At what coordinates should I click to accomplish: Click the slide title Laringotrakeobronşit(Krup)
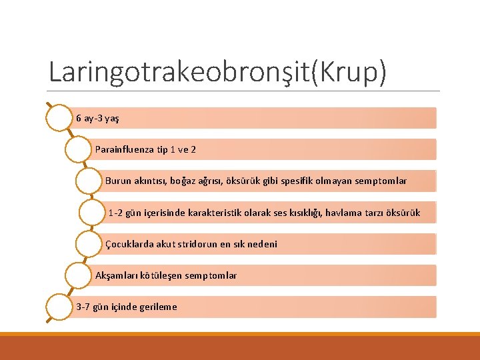click(x=217, y=72)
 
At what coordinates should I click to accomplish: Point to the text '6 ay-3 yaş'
click(x=97, y=118)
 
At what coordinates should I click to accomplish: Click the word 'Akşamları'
click(x=117, y=275)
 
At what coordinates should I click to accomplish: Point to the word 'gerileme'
click(x=159, y=307)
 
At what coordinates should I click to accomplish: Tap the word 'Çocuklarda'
click(x=129, y=244)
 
